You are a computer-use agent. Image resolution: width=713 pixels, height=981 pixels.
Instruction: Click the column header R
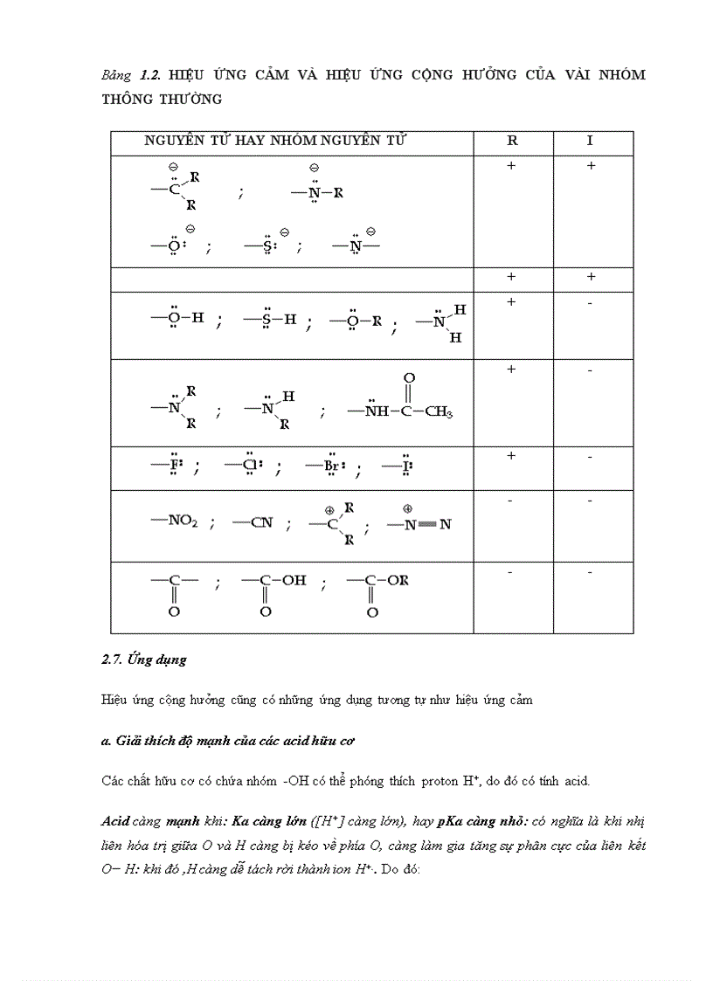512,141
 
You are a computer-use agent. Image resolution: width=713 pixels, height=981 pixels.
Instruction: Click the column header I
591,141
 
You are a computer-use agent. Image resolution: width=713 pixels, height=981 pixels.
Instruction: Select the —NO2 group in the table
175,522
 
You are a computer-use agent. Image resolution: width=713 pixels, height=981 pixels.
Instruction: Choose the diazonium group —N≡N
419,524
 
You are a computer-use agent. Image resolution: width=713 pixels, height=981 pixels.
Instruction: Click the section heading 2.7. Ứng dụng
144,660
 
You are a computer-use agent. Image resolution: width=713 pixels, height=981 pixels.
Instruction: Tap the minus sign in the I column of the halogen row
591,456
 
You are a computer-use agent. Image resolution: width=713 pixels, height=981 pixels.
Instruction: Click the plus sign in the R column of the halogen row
512,456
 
